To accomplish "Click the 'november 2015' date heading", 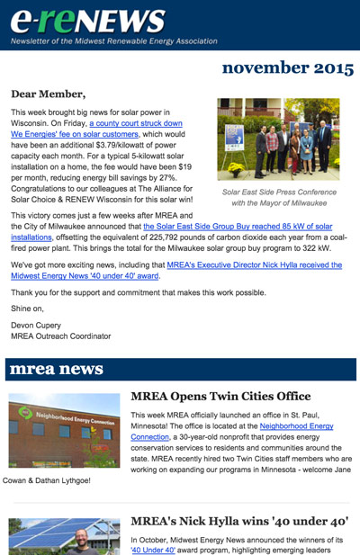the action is pyautogui.click(x=286, y=67).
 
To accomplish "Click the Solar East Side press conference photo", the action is pyautogui.click(x=278, y=139).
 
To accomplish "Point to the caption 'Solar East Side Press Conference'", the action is pyautogui.click(x=278, y=192).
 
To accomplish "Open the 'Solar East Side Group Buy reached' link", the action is pyautogui.click(x=238, y=225).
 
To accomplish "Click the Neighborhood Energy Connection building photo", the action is pyautogui.click(x=64, y=429).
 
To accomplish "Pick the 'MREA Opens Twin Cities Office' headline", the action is pyautogui.click(x=220, y=397).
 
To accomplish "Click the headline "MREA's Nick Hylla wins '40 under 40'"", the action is pyautogui.click(x=238, y=521).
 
